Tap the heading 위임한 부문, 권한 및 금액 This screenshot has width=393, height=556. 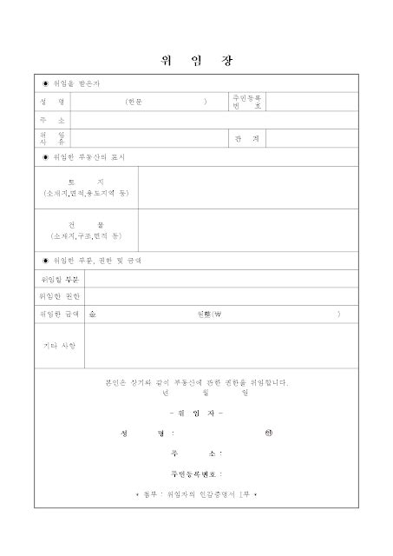tap(97, 260)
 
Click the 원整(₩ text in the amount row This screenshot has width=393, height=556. tap(210, 314)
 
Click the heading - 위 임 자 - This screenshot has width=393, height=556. tap(196, 413)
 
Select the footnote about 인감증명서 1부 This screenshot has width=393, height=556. tap(196, 493)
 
